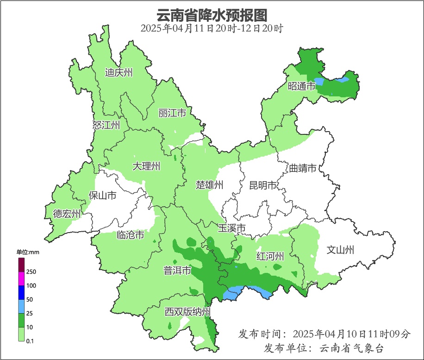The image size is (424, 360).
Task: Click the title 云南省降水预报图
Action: click(x=212, y=15)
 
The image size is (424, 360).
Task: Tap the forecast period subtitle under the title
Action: click(x=212, y=28)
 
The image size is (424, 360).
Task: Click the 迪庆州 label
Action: click(x=119, y=73)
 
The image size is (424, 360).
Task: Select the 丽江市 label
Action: click(x=172, y=113)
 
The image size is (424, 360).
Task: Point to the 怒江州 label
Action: click(x=106, y=125)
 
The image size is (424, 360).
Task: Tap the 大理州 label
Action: click(x=146, y=166)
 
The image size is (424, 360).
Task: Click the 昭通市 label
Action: click(x=302, y=86)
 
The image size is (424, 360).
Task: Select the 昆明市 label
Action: click(x=263, y=185)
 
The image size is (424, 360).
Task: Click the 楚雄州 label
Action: click(x=210, y=185)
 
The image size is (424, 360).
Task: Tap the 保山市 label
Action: click(x=102, y=196)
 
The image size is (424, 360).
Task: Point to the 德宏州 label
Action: click(x=67, y=214)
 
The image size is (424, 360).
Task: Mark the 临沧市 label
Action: click(x=130, y=235)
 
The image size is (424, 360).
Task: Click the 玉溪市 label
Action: click(x=231, y=228)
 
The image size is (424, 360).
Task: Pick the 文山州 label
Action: click(x=340, y=250)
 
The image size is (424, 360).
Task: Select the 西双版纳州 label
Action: click(x=187, y=311)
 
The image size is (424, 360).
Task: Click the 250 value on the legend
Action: click(x=31, y=272)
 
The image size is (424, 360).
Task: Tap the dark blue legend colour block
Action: click(x=21, y=292)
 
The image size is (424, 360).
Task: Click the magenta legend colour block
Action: click(x=21, y=278)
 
